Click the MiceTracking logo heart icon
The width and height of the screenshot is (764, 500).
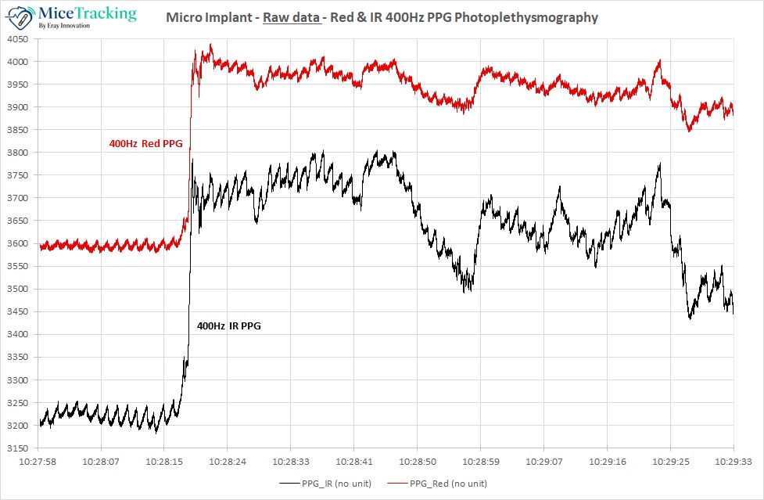point(20,16)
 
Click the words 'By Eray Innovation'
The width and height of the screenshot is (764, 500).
point(65,26)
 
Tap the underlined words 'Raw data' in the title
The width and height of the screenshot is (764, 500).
point(292,16)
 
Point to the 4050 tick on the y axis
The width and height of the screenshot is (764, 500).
point(17,39)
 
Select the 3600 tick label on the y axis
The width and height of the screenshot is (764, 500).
point(17,243)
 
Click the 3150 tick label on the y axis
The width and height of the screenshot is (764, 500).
point(17,448)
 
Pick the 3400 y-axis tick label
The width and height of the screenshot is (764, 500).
point(17,335)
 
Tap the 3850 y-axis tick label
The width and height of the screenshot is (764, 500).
point(17,130)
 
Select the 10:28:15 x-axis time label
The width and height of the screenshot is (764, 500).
point(164,462)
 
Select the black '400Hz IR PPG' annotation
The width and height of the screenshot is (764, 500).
point(228,326)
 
